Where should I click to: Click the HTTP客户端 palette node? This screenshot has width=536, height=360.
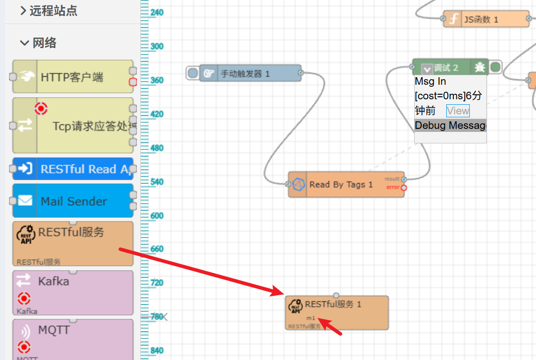pyautogui.click(x=72, y=77)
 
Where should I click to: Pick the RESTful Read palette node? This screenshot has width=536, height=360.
pyautogui.click(x=73, y=169)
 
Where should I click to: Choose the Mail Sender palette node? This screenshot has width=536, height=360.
pyautogui.click(x=73, y=201)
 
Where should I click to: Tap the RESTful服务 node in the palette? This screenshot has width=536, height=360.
pyautogui.click(x=73, y=244)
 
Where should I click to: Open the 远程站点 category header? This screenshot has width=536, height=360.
pyautogui.click(x=49, y=11)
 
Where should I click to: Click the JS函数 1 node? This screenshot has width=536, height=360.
pyautogui.click(x=485, y=20)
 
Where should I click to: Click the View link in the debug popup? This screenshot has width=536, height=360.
pyautogui.click(x=458, y=111)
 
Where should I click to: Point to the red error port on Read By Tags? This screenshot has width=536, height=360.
pyautogui.click(x=404, y=188)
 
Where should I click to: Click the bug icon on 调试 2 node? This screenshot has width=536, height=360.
pyautogui.click(x=480, y=67)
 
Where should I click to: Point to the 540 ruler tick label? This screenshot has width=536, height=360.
pyautogui.click(x=157, y=182)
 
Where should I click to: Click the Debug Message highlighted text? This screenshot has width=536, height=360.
pyautogui.click(x=450, y=125)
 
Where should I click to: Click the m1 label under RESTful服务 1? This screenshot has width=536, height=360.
pyautogui.click(x=311, y=318)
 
